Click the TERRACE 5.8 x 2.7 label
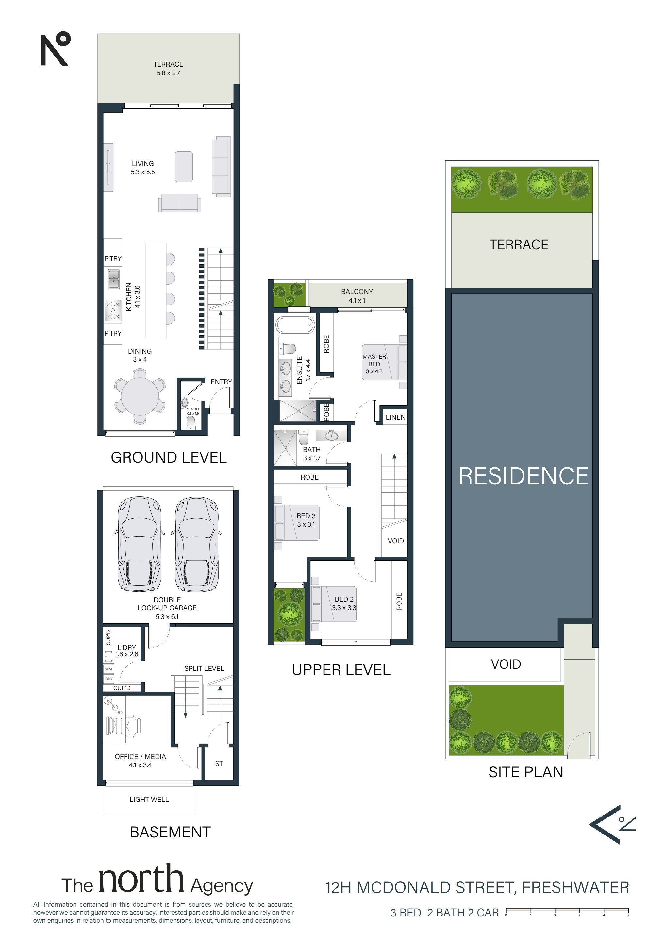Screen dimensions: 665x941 [168, 68]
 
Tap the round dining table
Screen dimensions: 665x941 [140, 396]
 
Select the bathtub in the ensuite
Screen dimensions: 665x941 [295, 325]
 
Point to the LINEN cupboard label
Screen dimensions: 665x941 [395, 417]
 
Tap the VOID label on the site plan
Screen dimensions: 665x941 [506, 664]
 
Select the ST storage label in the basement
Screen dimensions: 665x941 [219, 764]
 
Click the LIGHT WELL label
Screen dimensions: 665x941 [149, 799]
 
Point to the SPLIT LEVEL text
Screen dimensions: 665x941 [204, 669]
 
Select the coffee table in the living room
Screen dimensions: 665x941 [184, 167]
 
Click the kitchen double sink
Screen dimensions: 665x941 [114, 279]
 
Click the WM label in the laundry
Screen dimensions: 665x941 [108, 669]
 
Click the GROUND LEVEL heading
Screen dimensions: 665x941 [169, 457]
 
